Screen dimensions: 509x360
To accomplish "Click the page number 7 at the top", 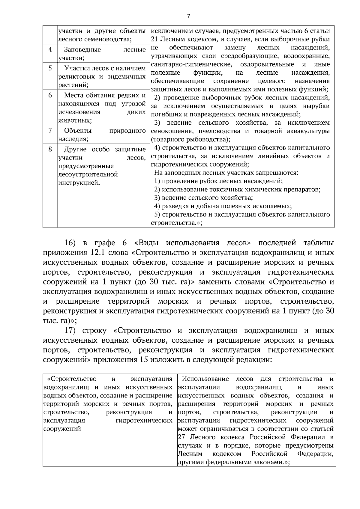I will click(x=188, y=16).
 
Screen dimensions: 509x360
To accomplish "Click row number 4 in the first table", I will click(x=50, y=49).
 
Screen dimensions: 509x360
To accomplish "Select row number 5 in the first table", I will click(x=50, y=68).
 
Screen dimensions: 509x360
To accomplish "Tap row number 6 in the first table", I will click(x=50, y=95).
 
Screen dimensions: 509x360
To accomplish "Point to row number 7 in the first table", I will click(x=50, y=130).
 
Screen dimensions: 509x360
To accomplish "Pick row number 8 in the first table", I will click(x=50, y=149).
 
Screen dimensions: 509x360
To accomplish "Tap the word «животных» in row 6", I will click(x=74, y=121).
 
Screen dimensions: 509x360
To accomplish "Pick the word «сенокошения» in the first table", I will click(x=170, y=131).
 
